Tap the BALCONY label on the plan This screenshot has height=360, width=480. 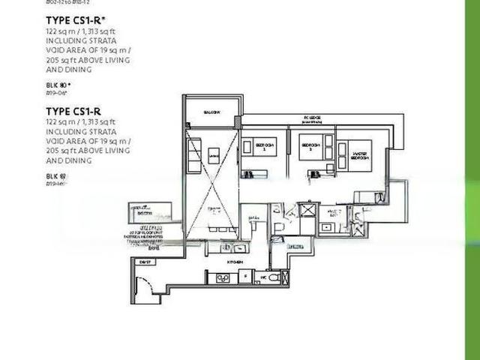[211, 112]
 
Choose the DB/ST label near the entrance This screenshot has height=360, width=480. [145, 261]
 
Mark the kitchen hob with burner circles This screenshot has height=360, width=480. [222, 278]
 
